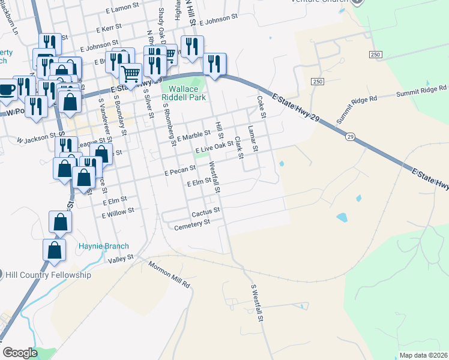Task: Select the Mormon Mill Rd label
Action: (x=169, y=275)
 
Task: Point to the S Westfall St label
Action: (x=256, y=304)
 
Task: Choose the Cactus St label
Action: (x=206, y=212)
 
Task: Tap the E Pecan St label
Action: (x=181, y=172)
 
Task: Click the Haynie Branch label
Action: (x=104, y=246)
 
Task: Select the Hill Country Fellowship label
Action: (x=49, y=275)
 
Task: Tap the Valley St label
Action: (x=120, y=260)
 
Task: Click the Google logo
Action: (x=20, y=353)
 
